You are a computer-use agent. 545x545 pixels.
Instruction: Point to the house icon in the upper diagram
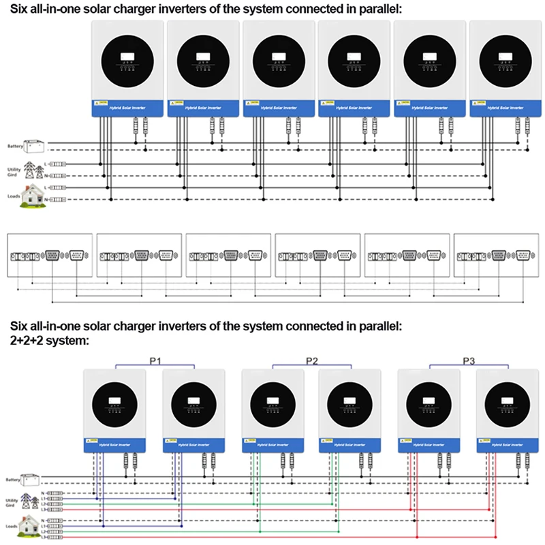(29, 194)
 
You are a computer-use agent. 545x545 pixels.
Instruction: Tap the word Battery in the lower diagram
(13, 480)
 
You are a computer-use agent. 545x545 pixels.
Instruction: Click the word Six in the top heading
(18, 9)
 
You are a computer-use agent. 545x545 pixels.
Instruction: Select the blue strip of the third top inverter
(279, 108)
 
